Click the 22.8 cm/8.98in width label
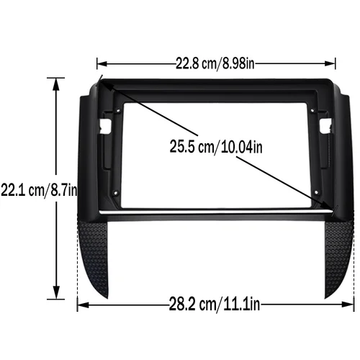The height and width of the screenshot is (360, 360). (215, 63)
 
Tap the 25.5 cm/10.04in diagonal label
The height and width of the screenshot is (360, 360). (216, 147)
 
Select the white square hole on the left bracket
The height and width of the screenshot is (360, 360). (105, 125)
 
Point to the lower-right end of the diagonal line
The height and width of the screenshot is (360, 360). (333, 209)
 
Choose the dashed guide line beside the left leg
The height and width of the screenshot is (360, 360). (78, 259)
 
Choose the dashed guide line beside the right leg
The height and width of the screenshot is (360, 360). (354, 259)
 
